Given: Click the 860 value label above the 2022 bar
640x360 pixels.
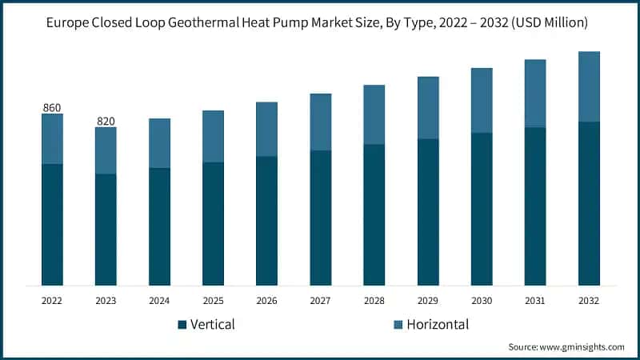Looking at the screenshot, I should point(52,107).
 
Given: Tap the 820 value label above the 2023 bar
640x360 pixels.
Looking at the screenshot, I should point(106,121).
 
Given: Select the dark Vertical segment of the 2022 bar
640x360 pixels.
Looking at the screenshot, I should point(52,224).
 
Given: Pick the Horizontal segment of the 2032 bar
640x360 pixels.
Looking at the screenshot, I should point(590,86).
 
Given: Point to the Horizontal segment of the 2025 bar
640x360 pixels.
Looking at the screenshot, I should point(213,136).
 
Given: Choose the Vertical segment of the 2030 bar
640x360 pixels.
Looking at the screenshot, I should point(482,209).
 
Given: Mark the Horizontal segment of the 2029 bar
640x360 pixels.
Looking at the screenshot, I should point(428,108).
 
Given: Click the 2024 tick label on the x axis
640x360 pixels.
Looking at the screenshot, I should point(159,301).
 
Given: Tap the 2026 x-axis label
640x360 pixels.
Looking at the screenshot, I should point(266,301).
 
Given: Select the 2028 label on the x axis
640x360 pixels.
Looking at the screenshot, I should point(374,301).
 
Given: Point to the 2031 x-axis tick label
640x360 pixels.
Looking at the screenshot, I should point(535,301).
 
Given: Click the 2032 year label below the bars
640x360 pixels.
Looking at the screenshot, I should point(590,301).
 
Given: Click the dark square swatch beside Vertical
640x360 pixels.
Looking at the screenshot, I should point(182,325).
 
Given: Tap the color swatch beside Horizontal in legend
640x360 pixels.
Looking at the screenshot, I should point(398,325).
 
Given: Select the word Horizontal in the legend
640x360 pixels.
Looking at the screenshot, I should point(438,324).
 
